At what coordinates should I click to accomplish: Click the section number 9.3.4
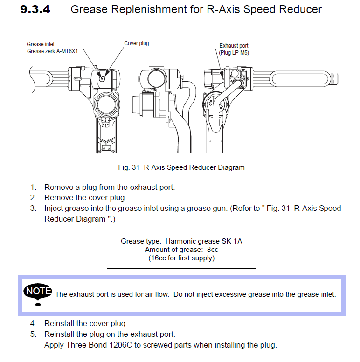pos(35,10)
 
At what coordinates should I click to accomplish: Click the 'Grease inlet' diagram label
pos(41,45)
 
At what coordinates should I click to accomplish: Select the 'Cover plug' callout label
pos(137,44)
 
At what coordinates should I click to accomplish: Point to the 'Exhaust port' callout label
pos(234,46)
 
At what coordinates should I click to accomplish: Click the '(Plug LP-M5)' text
pos(234,53)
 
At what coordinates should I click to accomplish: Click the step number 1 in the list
pos(33,188)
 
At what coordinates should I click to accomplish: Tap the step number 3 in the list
pos(33,208)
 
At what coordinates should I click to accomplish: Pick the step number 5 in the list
pos(33,334)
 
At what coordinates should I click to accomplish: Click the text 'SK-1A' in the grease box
pos(232,241)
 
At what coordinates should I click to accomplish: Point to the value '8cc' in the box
pos(213,250)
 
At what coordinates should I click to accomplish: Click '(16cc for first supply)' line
pos(181,258)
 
